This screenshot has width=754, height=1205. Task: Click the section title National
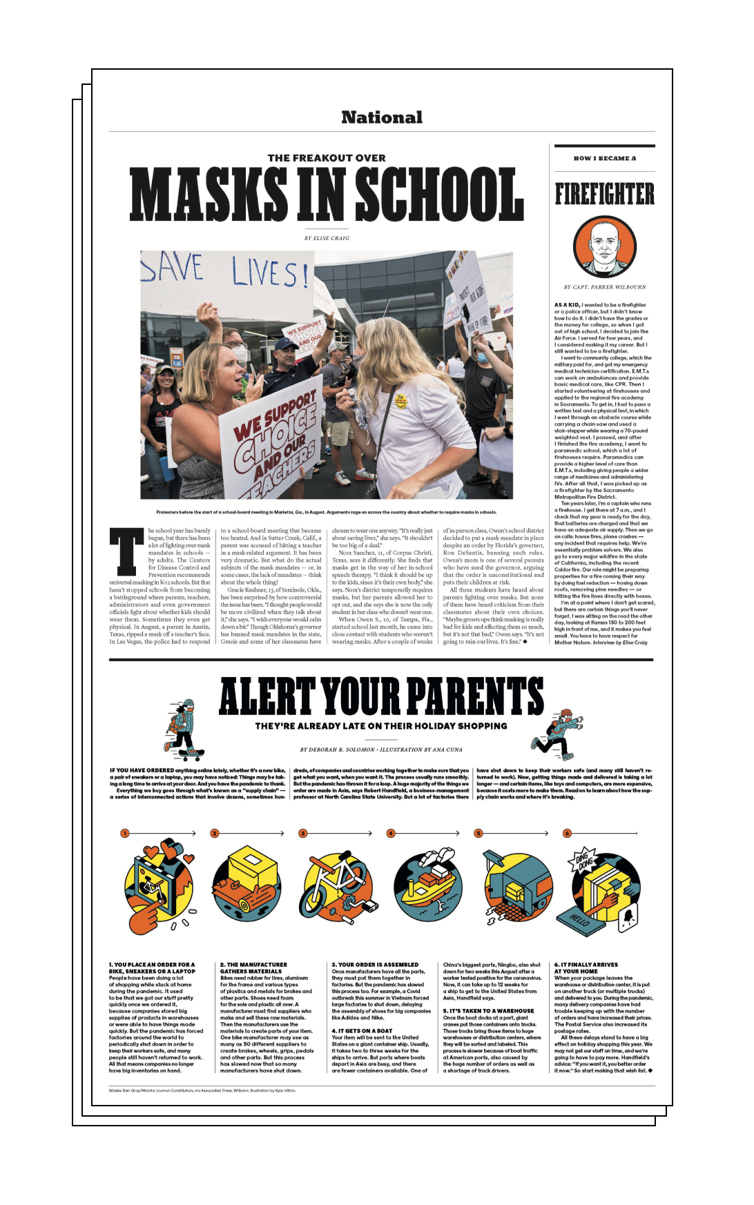(382, 117)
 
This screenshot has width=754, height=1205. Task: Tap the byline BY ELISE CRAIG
(327, 238)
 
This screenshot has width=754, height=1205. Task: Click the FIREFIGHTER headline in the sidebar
(604, 195)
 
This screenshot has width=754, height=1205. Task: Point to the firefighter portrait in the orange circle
(604, 247)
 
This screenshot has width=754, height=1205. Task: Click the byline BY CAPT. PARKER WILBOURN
(604, 287)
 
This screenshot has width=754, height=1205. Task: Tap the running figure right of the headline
(557, 732)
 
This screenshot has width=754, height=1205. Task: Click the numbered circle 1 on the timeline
(125, 833)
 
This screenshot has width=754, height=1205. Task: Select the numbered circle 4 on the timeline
(390, 833)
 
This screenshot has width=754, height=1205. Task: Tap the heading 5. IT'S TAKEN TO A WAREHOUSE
(488, 1010)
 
